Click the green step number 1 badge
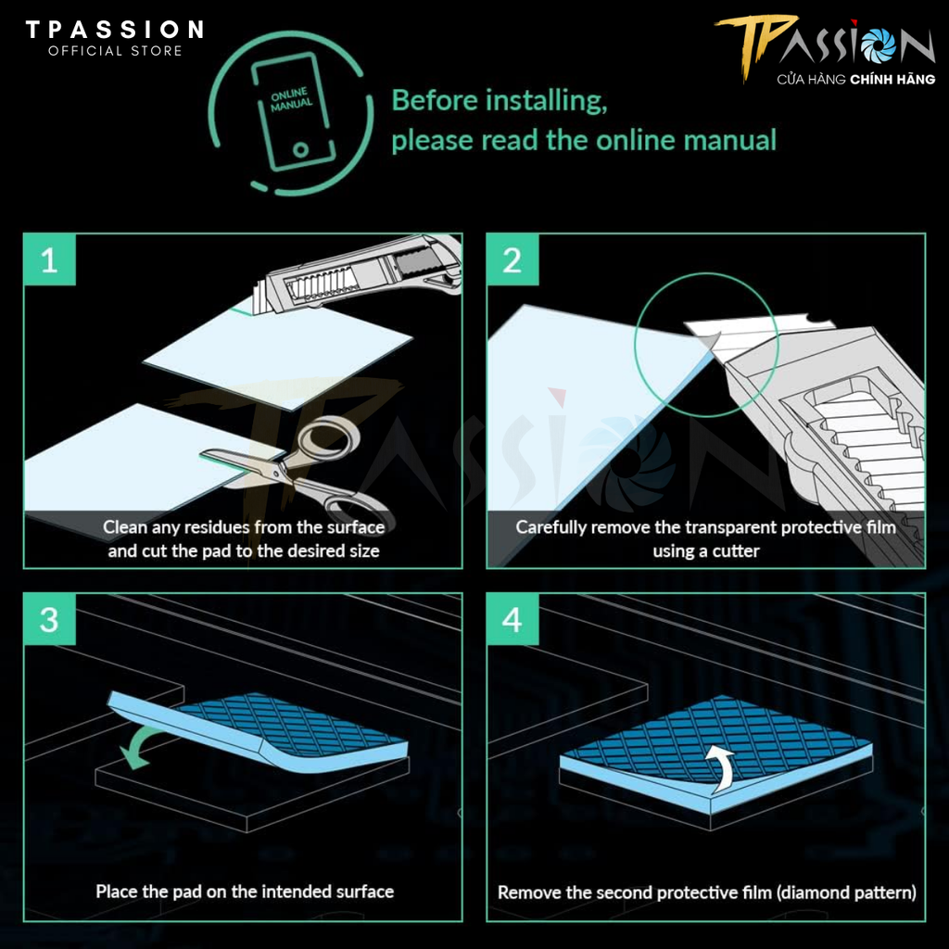point(50,259)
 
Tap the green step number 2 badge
point(512,259)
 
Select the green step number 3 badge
point(50,619)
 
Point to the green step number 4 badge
point(512,619)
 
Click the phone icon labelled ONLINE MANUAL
point(293,113)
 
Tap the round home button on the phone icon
point(301,149)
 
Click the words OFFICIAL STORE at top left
point(115,51)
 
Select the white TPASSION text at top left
point(114,29)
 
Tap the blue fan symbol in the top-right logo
point(879,45)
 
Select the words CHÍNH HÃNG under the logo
point(892,79)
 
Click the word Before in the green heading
point(435,100)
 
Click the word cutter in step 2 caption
point(735,551)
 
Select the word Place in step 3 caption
point(115,892)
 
